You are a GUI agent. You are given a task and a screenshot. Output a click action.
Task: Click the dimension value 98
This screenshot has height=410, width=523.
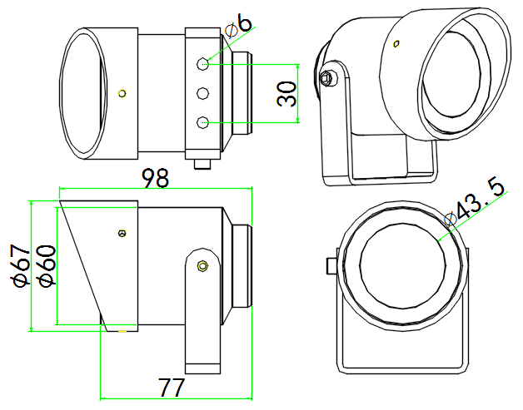coord(156,178)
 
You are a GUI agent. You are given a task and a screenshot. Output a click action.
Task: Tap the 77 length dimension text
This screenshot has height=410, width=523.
coord(171,387)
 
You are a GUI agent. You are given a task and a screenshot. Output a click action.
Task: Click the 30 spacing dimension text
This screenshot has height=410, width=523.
coord(286,94)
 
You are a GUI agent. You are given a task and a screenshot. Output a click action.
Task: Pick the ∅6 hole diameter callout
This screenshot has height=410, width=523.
coord(239,26)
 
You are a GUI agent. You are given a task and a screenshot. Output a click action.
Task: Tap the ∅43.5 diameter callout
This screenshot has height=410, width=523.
coord(476,205)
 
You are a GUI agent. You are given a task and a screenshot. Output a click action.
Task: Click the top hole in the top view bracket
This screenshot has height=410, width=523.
coord(202,63)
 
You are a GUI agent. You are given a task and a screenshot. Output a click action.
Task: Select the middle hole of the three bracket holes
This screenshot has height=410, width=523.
coord(202,93)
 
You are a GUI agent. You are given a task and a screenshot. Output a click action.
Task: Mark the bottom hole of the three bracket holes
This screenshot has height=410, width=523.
coord(202,122)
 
